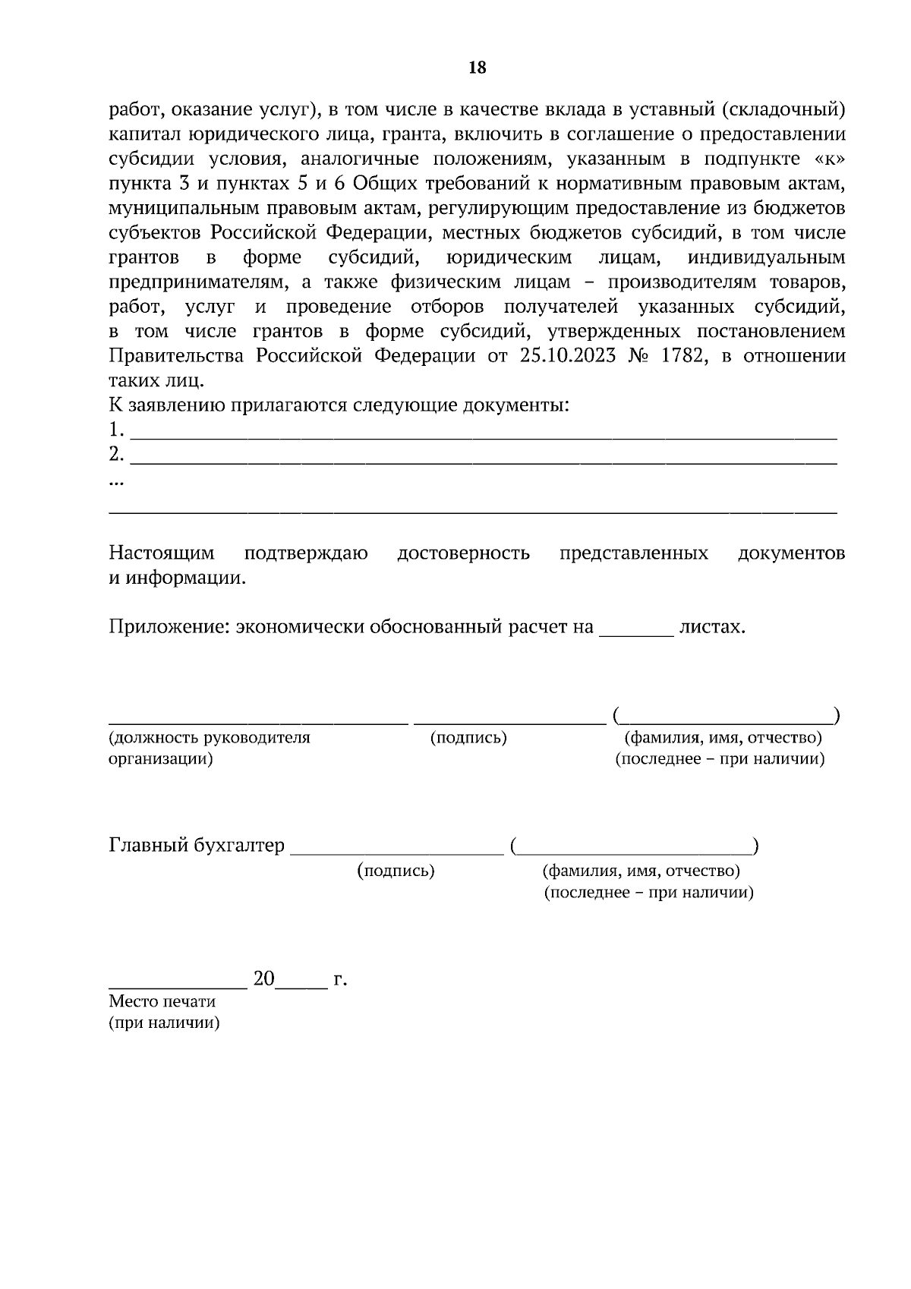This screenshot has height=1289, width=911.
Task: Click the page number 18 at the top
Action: (x=478, y=68)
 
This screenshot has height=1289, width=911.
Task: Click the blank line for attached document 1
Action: (x=484, y=436)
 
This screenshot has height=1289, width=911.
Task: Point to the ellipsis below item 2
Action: (x=116, y=482)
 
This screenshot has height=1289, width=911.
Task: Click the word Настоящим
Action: (x=162, y=553)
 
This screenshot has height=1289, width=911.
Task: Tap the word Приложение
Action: (x=169, y=627)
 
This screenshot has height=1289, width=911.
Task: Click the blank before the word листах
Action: (x=636, y=632)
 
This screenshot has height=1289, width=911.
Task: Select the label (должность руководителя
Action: (x=210, y=738)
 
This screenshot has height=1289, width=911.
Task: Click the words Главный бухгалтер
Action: (x=197, y=846)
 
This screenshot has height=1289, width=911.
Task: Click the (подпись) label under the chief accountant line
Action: (x=396, y=871)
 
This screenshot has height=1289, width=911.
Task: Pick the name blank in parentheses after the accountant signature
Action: (x=635, y=852)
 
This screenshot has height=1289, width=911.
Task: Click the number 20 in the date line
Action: (x=263, y=979)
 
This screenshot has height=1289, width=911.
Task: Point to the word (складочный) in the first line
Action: (x=783, y=110)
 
